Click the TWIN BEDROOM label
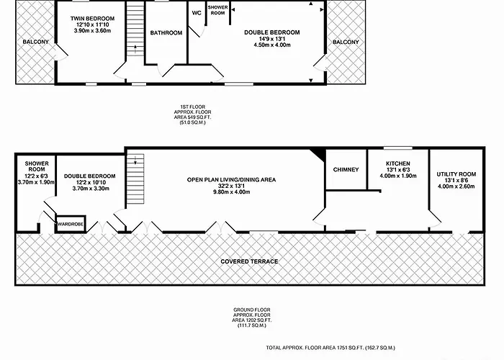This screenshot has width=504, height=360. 93,19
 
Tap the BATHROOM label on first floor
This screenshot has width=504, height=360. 166,33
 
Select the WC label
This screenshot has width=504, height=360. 197,13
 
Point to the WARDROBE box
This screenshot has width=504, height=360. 71,224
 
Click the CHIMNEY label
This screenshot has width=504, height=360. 346,169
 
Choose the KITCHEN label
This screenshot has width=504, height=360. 398,163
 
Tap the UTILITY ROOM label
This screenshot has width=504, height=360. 456,174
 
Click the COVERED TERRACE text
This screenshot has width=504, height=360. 249,261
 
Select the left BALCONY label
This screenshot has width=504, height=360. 36,42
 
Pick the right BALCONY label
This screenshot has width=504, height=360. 346,42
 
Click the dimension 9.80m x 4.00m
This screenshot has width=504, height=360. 231,192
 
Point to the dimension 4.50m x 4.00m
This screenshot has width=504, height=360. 272,45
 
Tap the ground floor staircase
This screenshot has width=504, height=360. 135,179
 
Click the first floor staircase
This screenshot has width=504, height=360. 135,28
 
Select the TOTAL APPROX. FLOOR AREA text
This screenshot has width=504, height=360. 330,348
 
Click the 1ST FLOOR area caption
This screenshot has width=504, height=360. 192,114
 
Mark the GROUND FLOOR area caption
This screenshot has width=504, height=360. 252,318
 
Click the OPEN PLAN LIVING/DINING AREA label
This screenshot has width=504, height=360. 231,180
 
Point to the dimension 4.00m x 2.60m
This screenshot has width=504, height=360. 456,186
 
